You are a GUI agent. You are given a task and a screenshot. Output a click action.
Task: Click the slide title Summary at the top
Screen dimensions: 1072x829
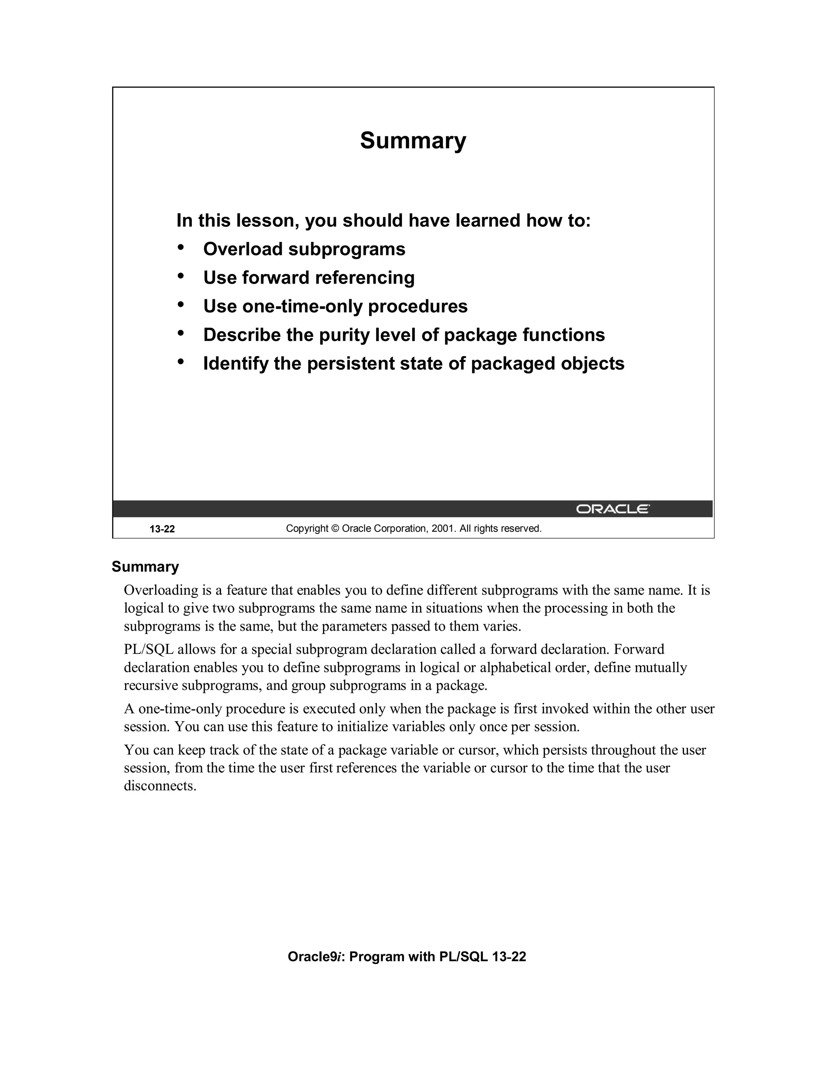tap(412, 141)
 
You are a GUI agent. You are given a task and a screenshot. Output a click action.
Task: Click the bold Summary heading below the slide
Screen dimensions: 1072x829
tap(145, 566)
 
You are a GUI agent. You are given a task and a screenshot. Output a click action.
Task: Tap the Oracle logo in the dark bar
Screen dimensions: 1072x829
tap(612, 509)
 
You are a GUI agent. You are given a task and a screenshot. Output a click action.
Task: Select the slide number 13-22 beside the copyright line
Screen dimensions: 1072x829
tap(162, 529)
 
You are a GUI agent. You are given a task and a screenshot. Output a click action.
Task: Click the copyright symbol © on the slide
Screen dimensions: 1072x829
tap(335, 529)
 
